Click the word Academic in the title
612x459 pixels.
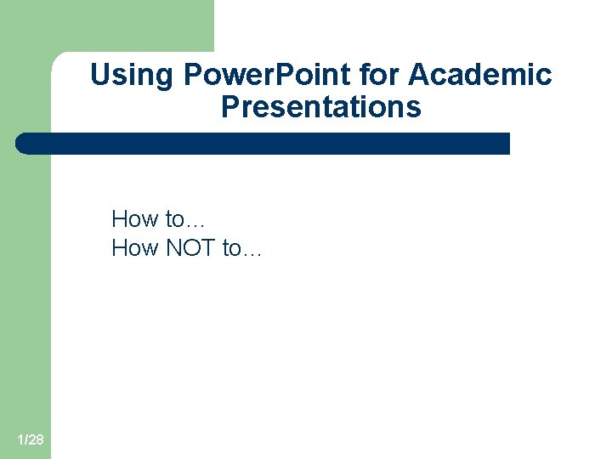pyautogui.click(x=480, y=76)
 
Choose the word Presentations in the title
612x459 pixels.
pyautogui.click(x=321, y=108)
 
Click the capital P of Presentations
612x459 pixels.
pyautogui.click(x=230, y=108)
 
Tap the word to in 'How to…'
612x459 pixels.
pyautogui.click(x=174, y=219)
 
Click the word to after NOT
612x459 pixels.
pyautogui.click(x=231, y=248)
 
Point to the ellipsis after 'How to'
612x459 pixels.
pyautogui.click(x=195, y=224)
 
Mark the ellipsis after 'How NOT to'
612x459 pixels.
pyautogui.click(x=252, y=252)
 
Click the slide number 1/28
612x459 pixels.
pyautogui.click(x=31, y=439)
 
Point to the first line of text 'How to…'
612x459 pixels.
pyautogui.click(x=158, y=219)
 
